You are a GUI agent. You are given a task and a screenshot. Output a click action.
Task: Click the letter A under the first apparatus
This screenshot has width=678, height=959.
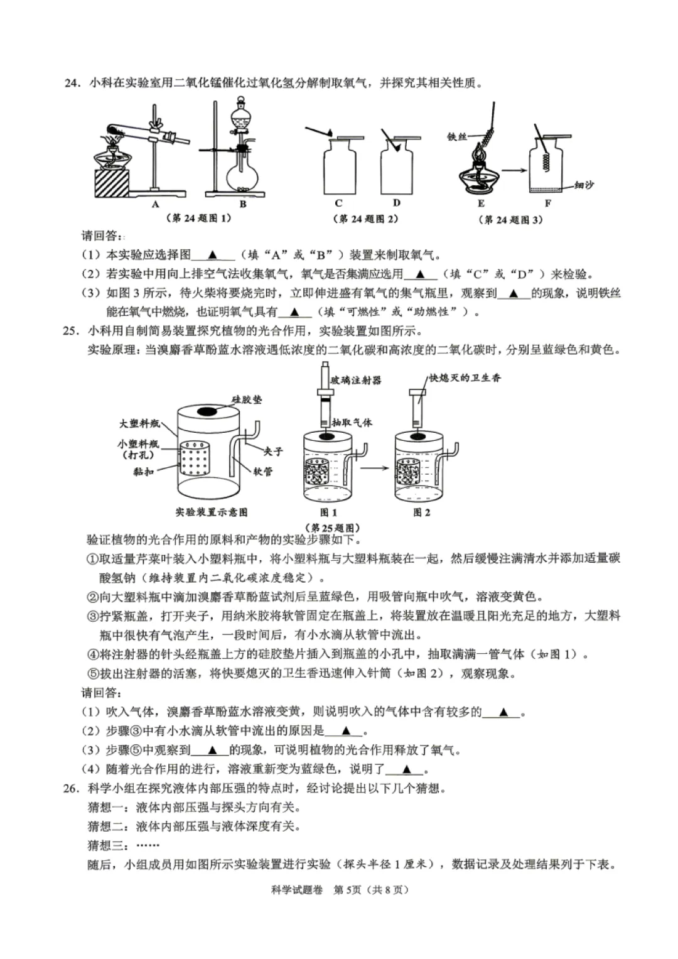155,203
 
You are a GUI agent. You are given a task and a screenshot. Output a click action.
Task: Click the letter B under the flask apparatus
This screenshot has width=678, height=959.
243,203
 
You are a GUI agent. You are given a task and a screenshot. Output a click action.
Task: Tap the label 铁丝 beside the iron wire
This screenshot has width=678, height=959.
458,135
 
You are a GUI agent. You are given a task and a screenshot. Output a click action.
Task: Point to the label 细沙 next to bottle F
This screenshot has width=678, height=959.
584,185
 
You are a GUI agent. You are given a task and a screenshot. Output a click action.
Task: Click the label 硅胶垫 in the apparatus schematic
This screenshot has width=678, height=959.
247,399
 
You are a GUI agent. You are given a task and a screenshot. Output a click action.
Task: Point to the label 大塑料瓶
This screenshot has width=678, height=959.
139,424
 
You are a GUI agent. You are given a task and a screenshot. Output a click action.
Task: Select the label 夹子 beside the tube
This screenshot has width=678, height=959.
274,450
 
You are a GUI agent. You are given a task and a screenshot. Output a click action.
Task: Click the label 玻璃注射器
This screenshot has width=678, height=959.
356,380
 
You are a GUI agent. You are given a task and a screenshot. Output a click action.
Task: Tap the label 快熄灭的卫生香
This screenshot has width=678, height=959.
465,377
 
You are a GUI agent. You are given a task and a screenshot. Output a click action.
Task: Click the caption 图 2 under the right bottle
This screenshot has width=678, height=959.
422,512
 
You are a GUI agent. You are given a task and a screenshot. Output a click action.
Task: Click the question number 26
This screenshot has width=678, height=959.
72,788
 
